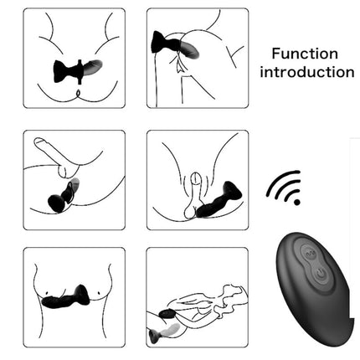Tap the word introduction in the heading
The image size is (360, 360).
click(x=306, y=72)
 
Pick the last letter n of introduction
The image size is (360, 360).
click(x=349, y=73)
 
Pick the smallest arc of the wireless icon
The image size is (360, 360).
click(x=287, y=193)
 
